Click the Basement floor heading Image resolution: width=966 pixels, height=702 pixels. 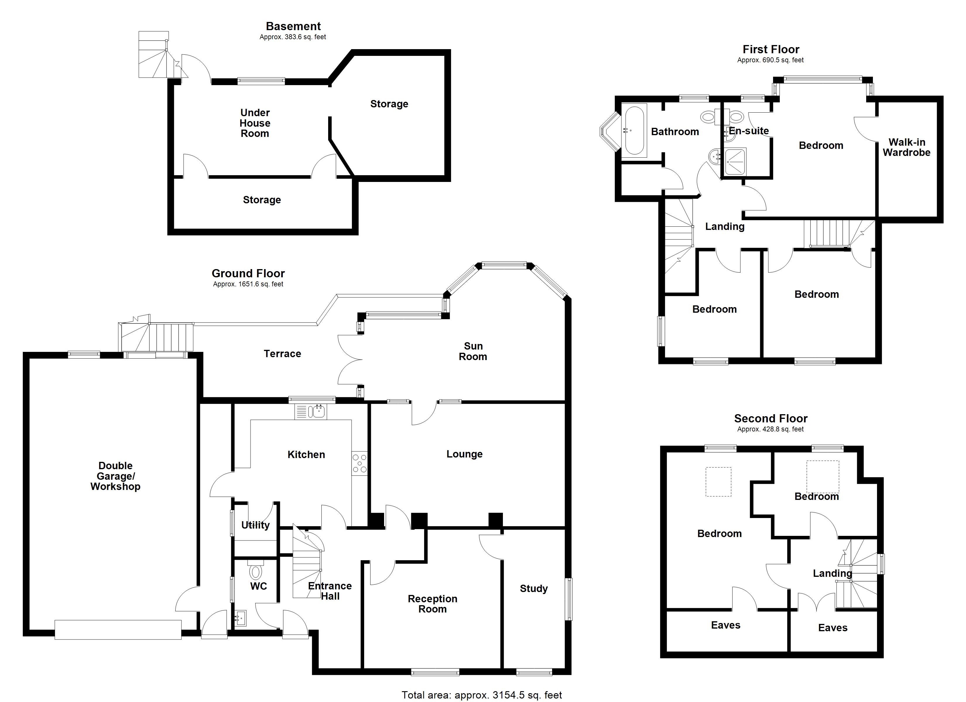(x=293, y=26)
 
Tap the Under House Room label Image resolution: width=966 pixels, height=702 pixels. (x=255, y=123)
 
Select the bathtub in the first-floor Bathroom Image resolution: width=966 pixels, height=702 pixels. (x=634, y=130)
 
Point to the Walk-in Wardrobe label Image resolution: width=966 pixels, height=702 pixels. (x=906, y=147)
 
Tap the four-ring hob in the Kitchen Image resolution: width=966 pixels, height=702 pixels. (x=359, y=464)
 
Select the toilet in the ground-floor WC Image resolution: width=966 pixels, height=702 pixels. (x=256, y=570)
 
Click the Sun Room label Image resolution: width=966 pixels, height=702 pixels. (x=473, y=351)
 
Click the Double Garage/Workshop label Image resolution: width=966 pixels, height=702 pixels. (x=115, y=476)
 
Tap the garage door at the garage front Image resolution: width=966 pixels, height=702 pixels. (x=118, y=629)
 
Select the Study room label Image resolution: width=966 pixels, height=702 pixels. (x=533, y=588)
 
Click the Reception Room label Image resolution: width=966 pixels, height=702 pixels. (x=432, y=604)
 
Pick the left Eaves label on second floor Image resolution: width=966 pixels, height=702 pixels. (x=725, y=625)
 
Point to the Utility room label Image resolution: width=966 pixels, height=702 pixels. (x=255, y=525)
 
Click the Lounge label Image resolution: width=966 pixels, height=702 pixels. (x=464, y=454)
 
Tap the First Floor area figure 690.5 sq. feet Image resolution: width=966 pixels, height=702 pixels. (x=770, y=60)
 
